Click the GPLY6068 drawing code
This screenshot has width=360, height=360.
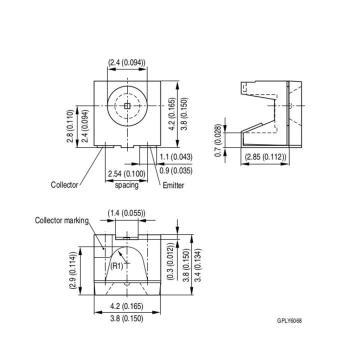point(289,320)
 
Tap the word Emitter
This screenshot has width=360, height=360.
point(173,185)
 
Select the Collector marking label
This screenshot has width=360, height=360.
point(61,220)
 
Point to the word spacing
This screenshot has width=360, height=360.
point(126,185)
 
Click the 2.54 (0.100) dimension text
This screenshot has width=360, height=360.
point(126,174)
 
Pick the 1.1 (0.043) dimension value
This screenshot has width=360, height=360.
point(175,157)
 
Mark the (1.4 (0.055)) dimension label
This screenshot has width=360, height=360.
point(126,213)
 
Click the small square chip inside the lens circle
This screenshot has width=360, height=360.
point(127,105)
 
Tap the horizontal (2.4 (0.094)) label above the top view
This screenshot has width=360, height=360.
point(126,62)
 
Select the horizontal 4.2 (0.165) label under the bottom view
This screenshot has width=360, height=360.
point(126,305)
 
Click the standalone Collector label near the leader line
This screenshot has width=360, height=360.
point(64,185)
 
